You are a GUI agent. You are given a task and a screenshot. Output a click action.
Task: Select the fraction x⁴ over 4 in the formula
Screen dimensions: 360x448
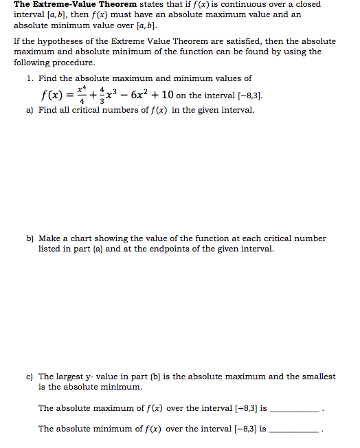[83, 94]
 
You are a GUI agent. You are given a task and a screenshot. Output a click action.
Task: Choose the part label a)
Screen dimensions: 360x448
[30, 110]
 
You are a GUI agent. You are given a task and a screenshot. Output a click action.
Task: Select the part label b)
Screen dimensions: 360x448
[30, 238]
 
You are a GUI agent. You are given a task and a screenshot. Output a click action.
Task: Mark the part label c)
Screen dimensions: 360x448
[30, 377]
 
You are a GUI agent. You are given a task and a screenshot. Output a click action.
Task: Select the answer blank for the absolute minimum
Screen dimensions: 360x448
[293, 429]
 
